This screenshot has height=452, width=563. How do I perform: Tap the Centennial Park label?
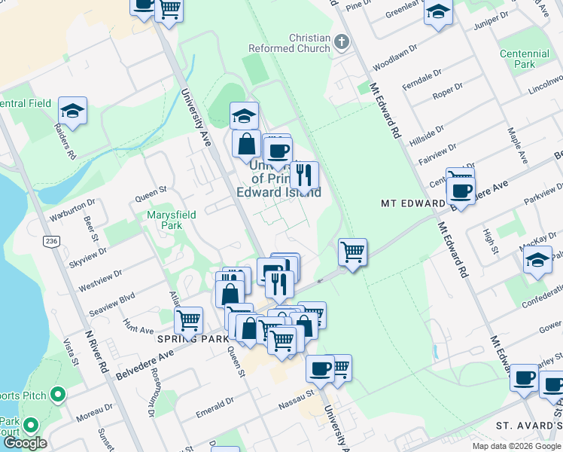[x=525, y=60]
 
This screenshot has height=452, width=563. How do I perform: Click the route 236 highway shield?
[x=51, y=241]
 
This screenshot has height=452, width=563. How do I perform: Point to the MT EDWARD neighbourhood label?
[x=412, y=203]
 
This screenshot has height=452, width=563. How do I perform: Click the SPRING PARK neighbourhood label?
[x=193, y=339]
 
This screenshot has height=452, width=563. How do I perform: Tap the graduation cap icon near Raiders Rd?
[x=73, y=111]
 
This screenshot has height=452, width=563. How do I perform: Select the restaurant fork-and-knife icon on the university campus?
[x=304, y=176]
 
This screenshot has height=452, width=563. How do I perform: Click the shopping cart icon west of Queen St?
[x=188, y=319]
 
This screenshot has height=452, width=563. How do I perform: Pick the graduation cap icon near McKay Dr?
[x=537, y=260]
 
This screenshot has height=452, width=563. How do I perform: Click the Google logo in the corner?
[x=25, y=443]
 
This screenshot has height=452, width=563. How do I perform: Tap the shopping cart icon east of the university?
[x=352, y=252]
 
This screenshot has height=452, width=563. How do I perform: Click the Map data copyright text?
[x=516, y=446]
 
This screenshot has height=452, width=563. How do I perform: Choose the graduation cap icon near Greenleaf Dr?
[x=438, y=12]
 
